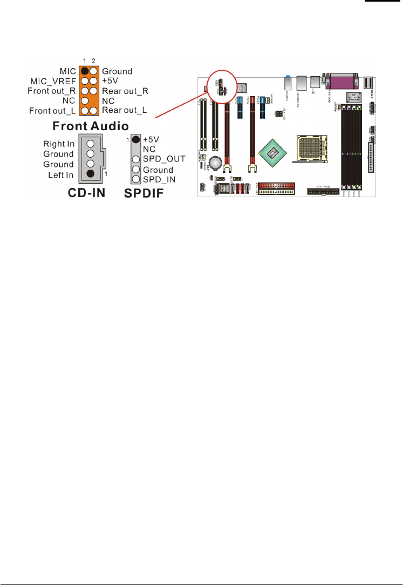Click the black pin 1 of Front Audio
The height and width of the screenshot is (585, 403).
tap(85, 71)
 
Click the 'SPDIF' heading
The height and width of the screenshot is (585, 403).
tap(148, 193)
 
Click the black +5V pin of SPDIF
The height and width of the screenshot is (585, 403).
tap(135, 140)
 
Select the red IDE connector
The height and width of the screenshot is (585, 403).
tap(276, 185)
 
